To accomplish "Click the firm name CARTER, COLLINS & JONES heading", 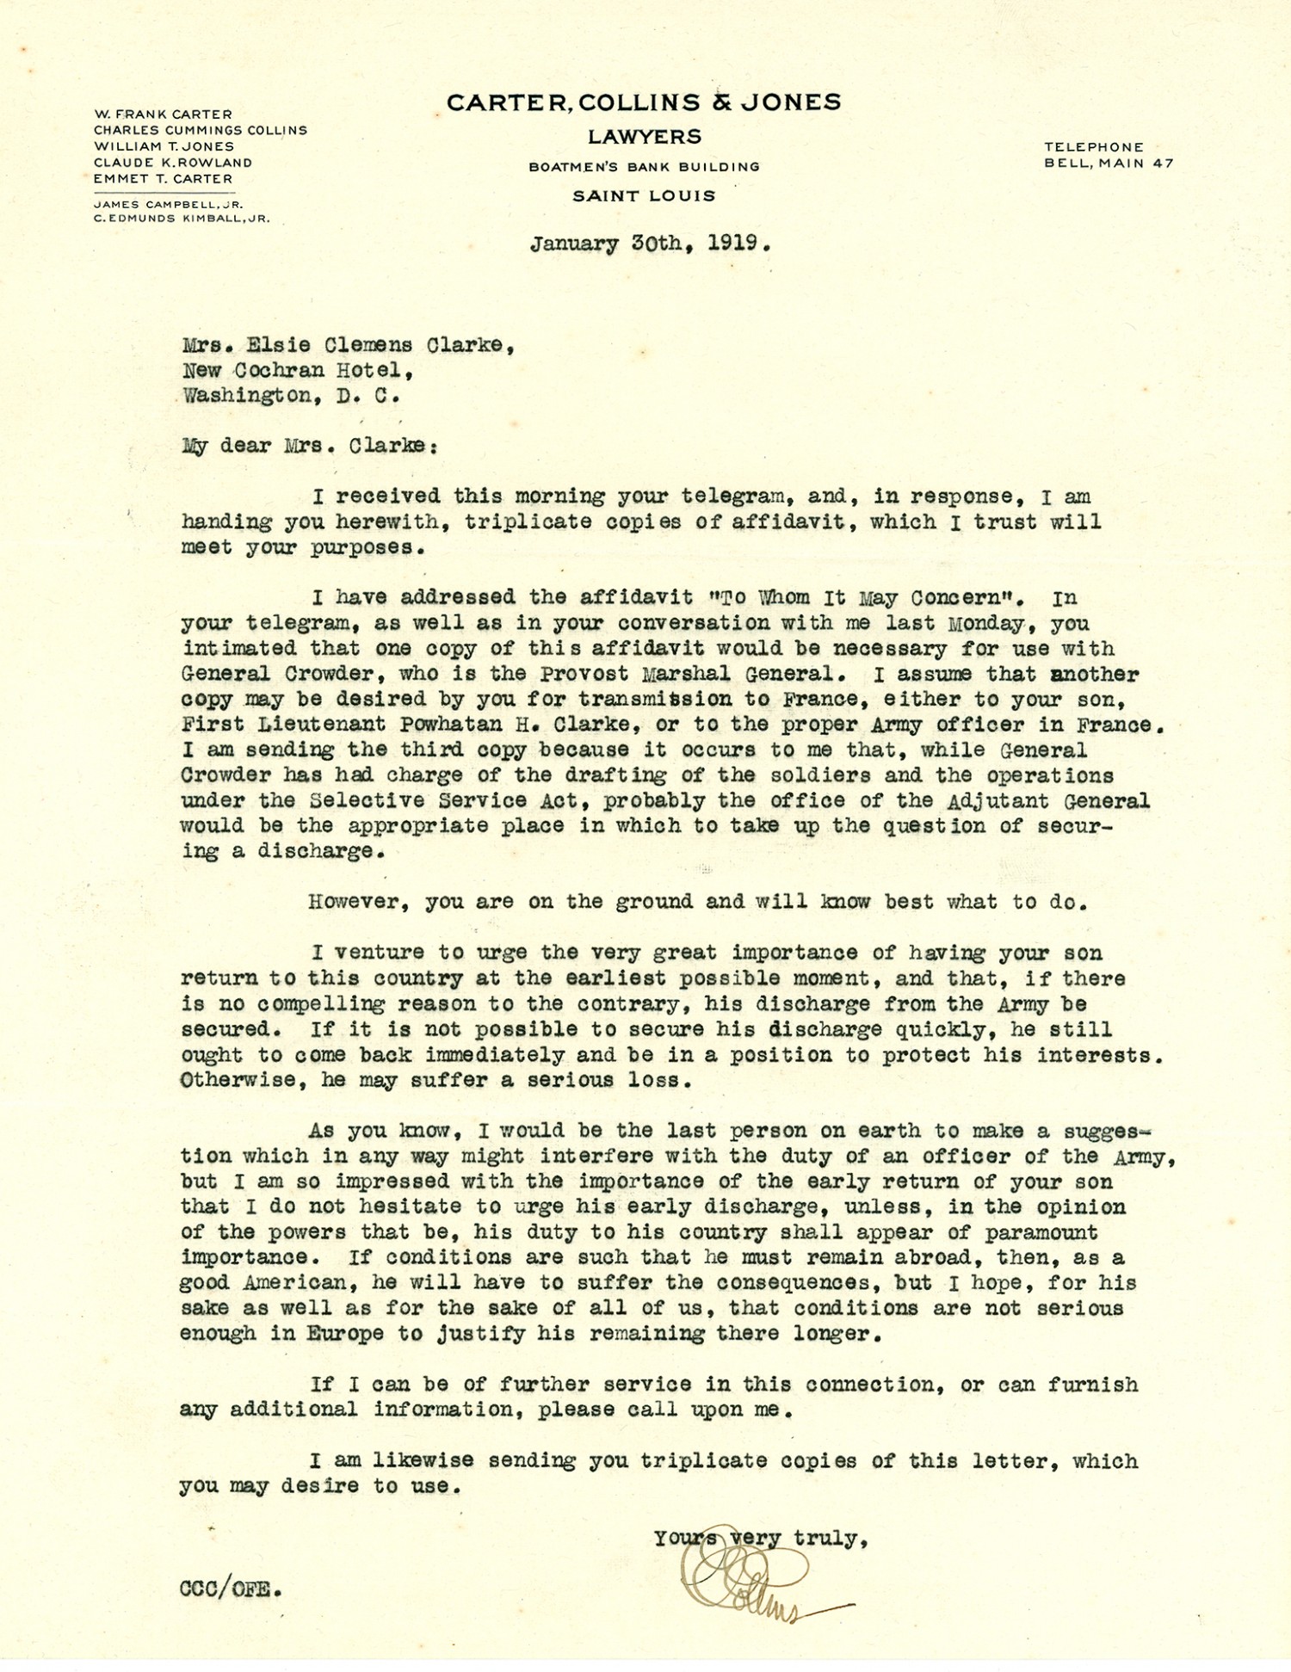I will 644,102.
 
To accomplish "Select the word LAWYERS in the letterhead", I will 645,137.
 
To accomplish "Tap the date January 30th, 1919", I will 650,244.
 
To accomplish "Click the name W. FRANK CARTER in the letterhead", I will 163,114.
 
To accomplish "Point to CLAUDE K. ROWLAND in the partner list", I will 173,163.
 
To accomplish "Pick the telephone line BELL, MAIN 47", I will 1109,163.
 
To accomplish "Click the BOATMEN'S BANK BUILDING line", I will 645,167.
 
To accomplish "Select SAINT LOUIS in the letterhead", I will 645,196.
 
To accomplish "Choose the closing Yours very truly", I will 760,1538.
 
